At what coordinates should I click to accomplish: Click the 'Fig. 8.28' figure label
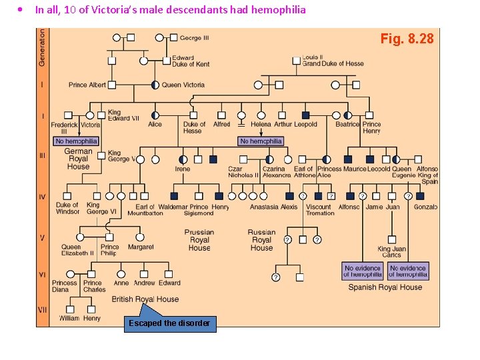(x=407, y=39)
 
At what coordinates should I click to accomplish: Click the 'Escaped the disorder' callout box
(x=169, y=324)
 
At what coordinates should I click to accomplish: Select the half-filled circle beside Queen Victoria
(x=155, y=85)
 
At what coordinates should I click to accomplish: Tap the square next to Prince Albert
(x=112, y=85)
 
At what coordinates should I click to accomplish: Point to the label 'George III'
(x=195, y=38)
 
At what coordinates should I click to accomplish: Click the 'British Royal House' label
(x=145, y=299)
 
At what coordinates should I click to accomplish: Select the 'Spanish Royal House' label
(x=385, y=287)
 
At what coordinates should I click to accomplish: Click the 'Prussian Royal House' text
(x=199, y=240)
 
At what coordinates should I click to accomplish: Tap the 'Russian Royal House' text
(x=261, y=240)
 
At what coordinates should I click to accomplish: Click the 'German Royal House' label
(x=78, y=159)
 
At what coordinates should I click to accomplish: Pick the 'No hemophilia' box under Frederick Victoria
(x=76, y=141)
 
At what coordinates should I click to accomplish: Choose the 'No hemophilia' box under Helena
(x=261, y=141)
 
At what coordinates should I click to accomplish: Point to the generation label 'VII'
(x=43, y=310)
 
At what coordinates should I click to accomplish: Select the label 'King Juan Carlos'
(x=391, y=252)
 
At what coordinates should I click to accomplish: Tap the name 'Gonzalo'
(x=425, y=207)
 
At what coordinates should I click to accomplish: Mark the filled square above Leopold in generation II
(x=305, y=115)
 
